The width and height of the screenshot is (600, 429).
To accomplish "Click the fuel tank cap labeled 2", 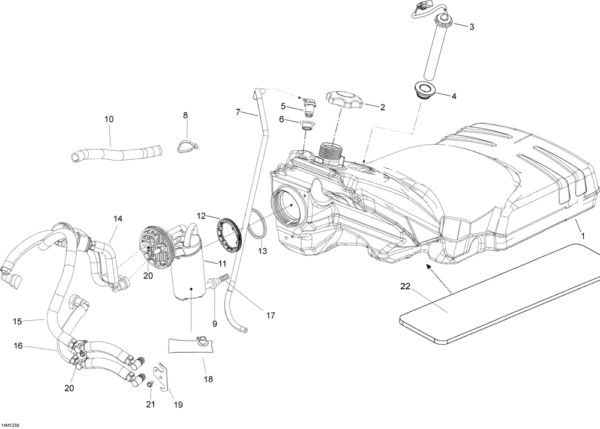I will pos(344,100).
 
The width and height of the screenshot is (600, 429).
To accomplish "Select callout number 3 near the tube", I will pos(471,26).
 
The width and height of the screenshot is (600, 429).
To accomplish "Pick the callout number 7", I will pos(238,112).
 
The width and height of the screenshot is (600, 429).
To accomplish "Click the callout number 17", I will pos(271,314).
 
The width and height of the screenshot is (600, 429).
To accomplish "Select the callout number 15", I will pos(17,321).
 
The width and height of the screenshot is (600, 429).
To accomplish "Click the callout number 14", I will pos(117,219).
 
